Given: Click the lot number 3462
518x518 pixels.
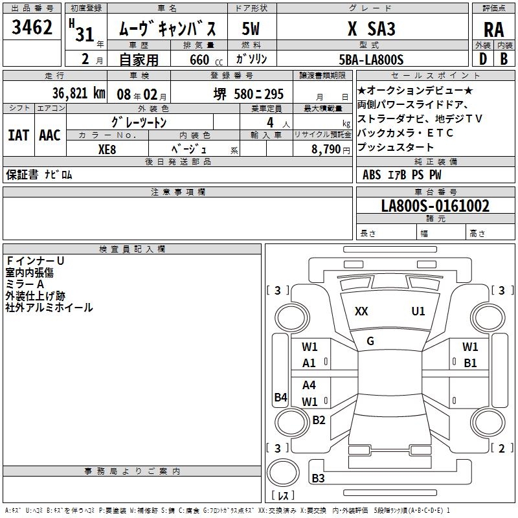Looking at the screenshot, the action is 32,27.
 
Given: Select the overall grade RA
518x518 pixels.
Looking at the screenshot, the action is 493,30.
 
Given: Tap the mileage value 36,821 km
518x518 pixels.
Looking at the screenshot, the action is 78,93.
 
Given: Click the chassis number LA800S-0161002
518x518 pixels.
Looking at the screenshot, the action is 435,205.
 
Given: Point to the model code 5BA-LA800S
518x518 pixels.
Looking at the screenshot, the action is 371,60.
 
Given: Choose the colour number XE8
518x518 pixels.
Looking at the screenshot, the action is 107,150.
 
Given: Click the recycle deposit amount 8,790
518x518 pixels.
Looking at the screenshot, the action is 326,150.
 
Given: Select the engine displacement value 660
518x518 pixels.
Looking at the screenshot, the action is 199,60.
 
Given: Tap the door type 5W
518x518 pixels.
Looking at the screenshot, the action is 251,28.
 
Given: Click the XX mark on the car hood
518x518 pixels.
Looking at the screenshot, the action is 361,311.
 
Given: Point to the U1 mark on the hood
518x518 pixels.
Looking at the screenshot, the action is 418,311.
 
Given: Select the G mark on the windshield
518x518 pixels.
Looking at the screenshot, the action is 370,341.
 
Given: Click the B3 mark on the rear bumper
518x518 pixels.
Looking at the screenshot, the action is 318,478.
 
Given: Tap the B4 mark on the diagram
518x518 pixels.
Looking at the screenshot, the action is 281,397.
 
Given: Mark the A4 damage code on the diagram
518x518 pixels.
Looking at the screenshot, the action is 309,385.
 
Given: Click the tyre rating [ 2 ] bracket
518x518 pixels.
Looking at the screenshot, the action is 501,448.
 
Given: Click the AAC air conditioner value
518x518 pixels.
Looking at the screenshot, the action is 50,135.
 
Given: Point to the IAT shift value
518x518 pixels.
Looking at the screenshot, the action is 18,135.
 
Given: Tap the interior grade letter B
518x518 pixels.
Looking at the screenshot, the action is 504,59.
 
